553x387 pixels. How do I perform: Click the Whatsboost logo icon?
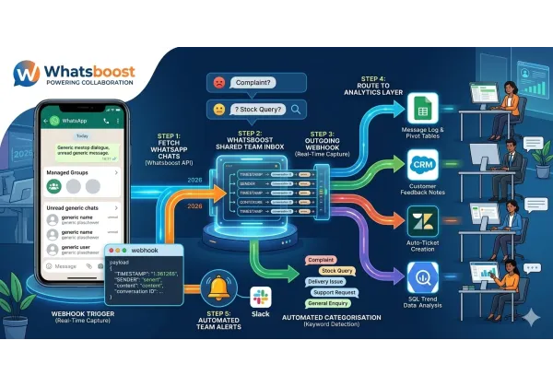[x=28, y=73]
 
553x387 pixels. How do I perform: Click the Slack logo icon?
[x=261, y=297]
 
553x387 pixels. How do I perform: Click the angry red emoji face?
[x=218, y=81]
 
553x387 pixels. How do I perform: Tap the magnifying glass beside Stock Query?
[x=296, y=110]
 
